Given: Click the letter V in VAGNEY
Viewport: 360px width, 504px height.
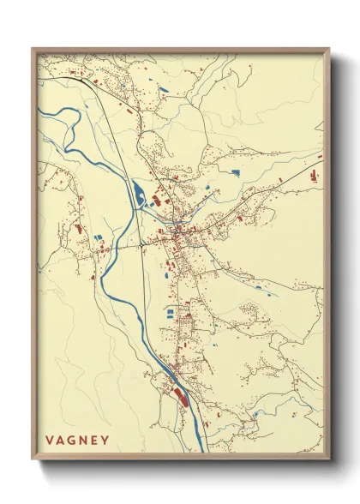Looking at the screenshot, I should (50, 441).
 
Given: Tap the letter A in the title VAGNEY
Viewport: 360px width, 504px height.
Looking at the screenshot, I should (64, 441).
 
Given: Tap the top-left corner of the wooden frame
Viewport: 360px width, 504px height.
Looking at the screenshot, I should (33, 49).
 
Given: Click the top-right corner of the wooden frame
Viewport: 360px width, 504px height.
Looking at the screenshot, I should (329, 49).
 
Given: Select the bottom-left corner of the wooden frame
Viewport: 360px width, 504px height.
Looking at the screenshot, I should (33, 462).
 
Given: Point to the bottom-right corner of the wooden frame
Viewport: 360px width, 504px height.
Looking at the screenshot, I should (329, 462).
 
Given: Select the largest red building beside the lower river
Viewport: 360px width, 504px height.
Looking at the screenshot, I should (181, 393).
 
